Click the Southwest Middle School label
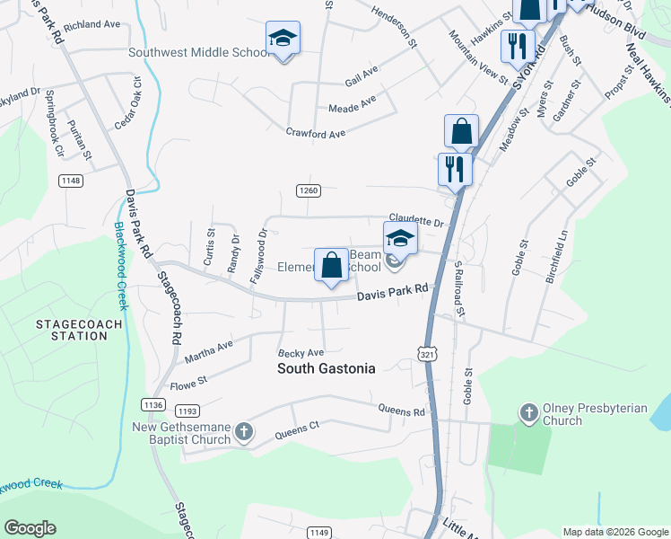pos(198,52)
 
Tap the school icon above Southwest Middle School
pos(283,38)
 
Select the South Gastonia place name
pos(326,367)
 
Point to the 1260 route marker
pos(309,190)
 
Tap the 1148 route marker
pos(71,181)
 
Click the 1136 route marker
pos(153,405)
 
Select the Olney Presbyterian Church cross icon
pos(528,414)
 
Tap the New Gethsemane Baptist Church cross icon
pos(243,433)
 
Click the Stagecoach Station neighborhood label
pos(66,329)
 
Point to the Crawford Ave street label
pos(316,134)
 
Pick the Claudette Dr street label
pos(416,222)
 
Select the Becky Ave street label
pos(300,353)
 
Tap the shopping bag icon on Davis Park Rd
pos(331,265)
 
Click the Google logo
pos(30,528)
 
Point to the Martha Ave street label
pos(208,351)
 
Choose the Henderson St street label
pos(395,34)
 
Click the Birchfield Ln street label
pos(558,259)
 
